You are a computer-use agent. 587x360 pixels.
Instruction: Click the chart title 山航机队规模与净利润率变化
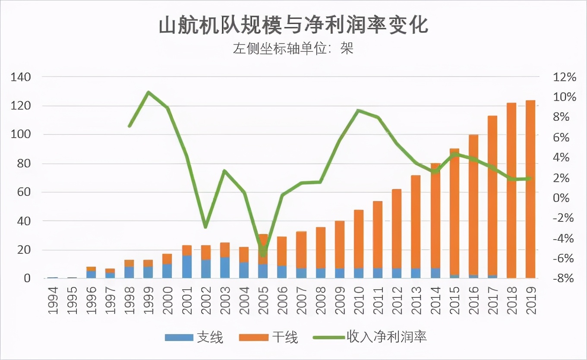(293, 25)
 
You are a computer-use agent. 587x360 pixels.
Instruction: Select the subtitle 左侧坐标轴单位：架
(293, 48)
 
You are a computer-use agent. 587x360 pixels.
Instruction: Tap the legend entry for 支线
(194, 337)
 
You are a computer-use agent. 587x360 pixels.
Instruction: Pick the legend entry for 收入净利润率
(371, 337)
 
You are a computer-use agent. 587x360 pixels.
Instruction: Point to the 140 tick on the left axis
(22, 77)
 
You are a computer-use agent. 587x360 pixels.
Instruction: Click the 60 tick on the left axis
(24, 192)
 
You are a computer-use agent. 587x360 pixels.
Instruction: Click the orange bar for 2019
(530, 190)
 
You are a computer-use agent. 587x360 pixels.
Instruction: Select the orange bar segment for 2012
(397, 229)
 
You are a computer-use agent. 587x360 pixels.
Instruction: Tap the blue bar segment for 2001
(186, 267)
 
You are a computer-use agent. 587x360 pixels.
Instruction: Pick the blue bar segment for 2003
(225, 268)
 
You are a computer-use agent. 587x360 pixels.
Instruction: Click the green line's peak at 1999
(148, 92)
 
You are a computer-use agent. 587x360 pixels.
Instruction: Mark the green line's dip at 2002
(206, 227)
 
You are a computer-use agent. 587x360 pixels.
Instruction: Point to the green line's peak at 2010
(358, 111)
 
